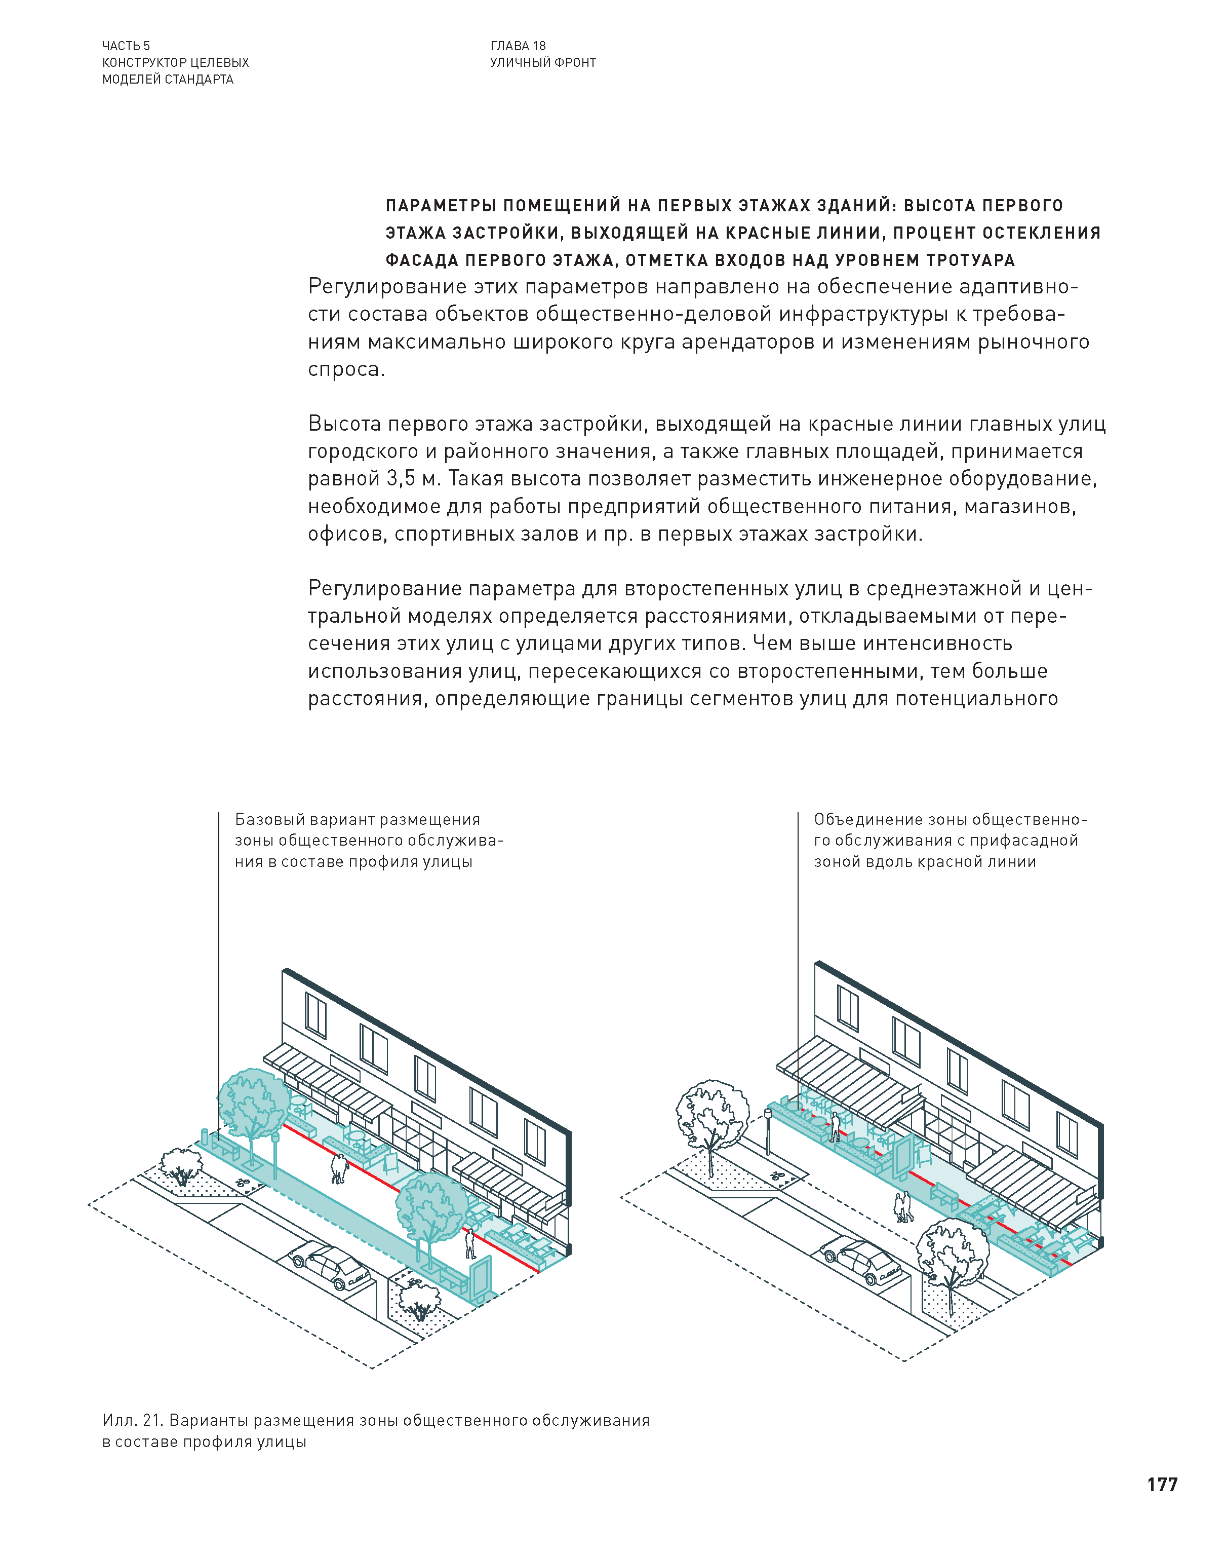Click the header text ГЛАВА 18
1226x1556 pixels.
(x=518, y=46)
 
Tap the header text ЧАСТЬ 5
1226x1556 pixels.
(x=126, y=46)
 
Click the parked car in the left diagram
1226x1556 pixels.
(x=331, y=1268)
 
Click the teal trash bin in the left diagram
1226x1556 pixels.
(x=204, y=1136)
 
